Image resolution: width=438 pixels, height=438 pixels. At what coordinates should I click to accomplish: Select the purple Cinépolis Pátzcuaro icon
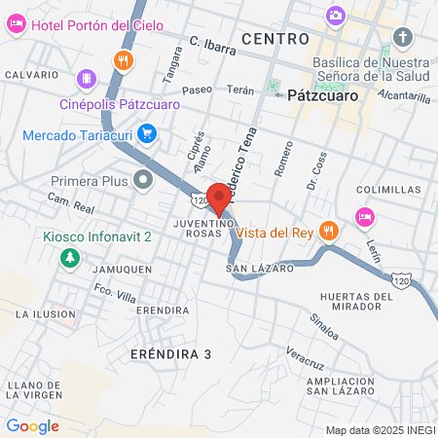click(87, 77)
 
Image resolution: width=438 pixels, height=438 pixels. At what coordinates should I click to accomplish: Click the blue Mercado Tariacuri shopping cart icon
click(147, 132)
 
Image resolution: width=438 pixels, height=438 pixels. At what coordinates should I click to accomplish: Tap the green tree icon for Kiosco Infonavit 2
click(69, 258)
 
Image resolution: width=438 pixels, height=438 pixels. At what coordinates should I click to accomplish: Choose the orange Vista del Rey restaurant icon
click(329, 232)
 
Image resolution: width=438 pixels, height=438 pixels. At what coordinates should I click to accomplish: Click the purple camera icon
click(336, 15)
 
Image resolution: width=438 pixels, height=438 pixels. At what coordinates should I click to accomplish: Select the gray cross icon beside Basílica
click(403, 38)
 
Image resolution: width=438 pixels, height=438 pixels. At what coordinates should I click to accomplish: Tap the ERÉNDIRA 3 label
click(170, 354)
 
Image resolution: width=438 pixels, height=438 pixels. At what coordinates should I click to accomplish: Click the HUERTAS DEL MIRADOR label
click(353, 302)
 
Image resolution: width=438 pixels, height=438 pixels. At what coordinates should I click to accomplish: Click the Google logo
click(32, 425)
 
